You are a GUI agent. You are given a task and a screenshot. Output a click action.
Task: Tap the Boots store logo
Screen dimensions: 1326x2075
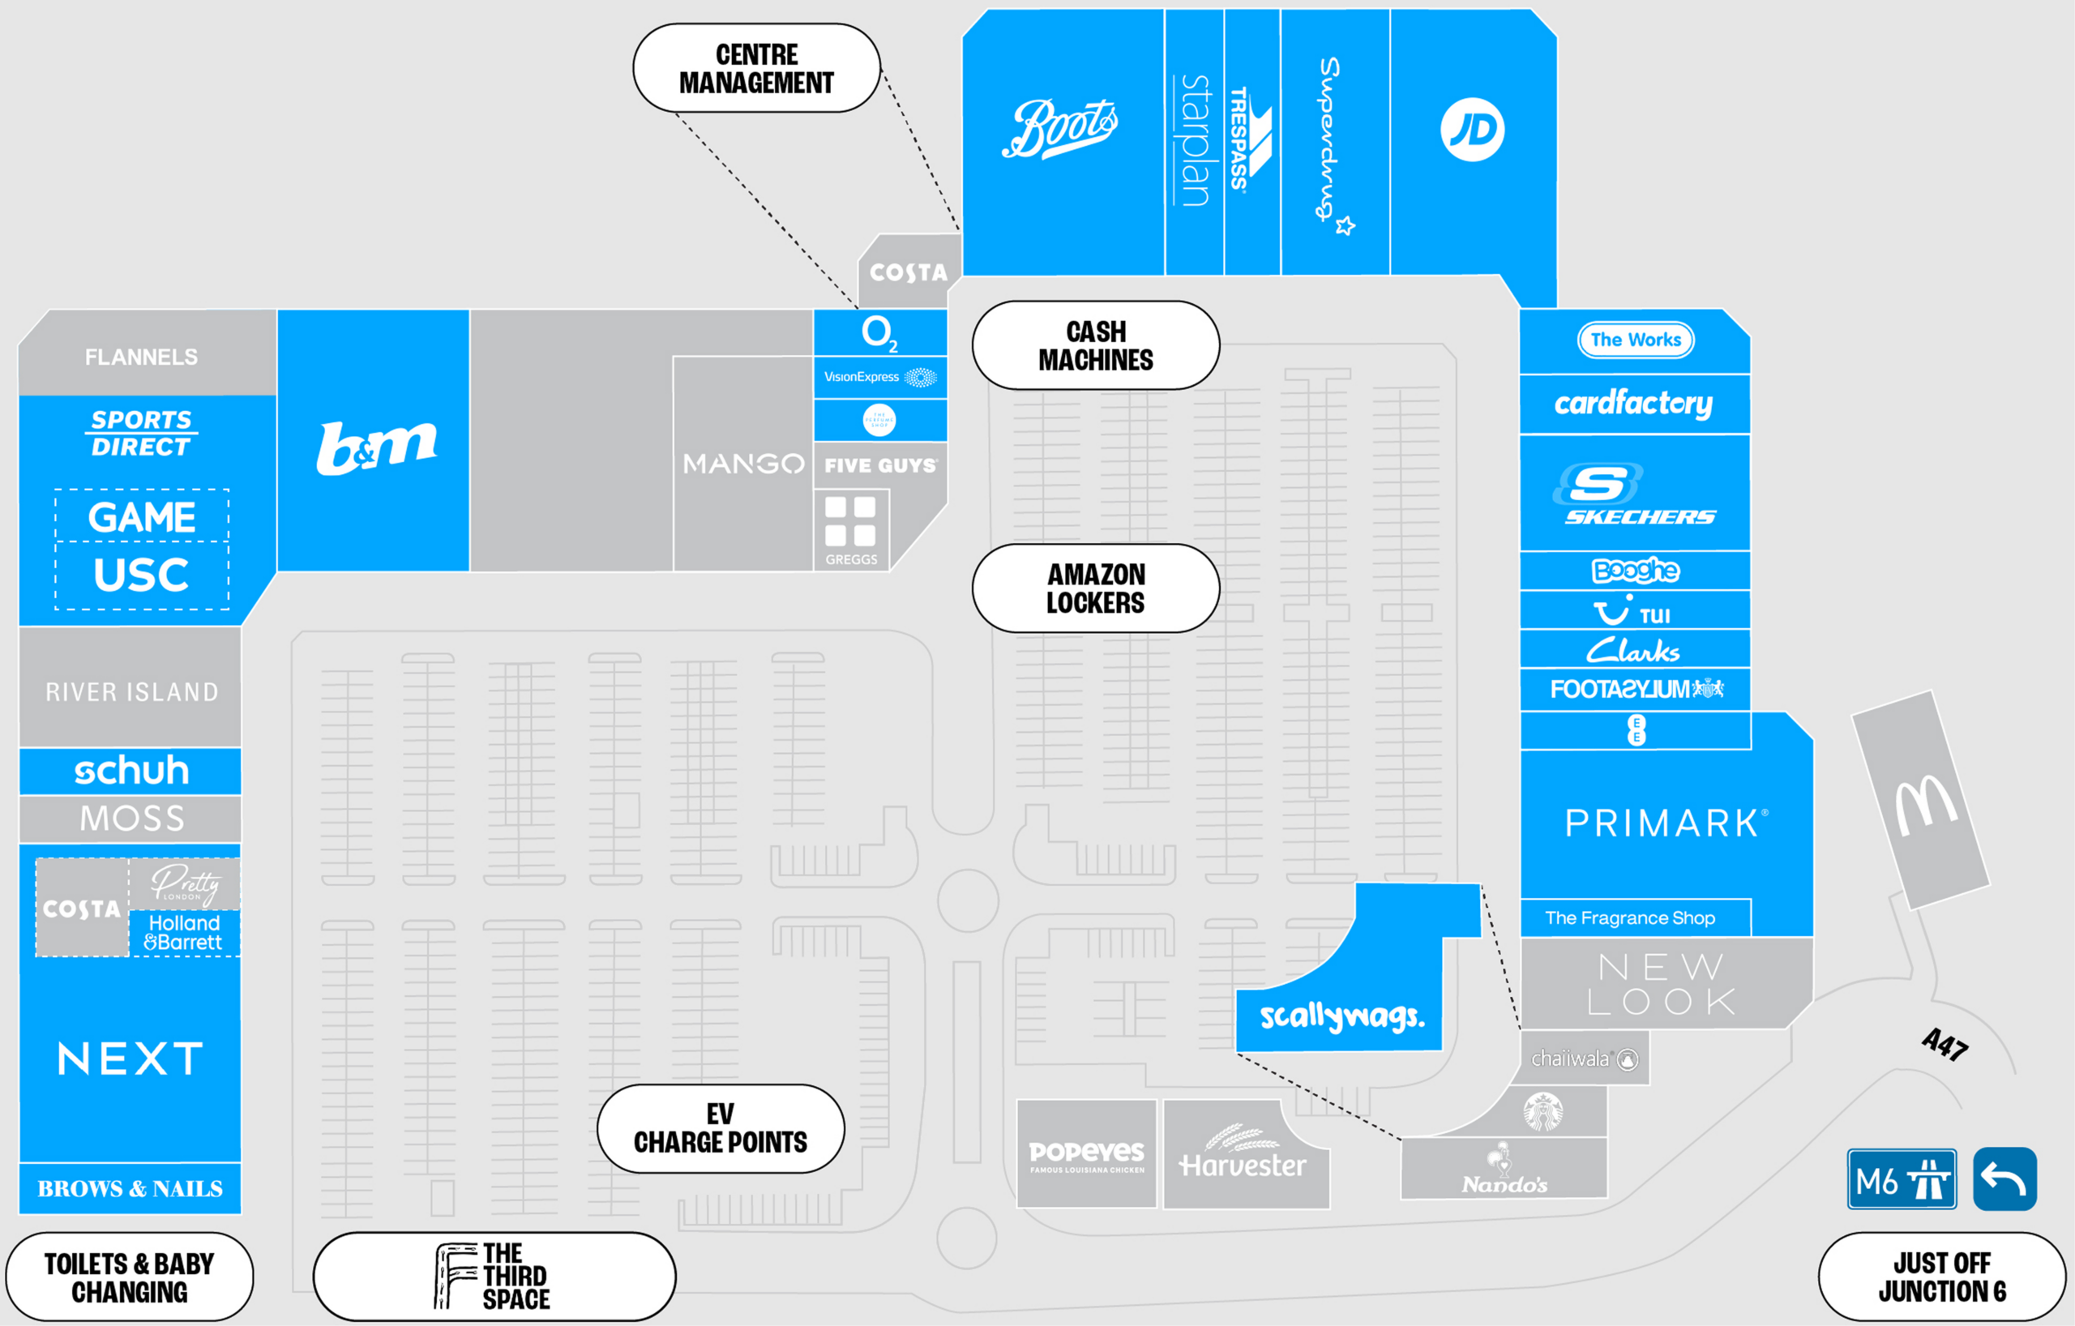click(1060, 129)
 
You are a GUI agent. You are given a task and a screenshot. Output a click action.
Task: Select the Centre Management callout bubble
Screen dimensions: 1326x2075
click(756, 68)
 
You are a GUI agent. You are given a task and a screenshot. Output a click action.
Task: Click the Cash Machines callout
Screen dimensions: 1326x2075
click(1095, 345)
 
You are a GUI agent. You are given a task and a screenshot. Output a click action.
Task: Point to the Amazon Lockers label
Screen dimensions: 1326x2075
click(1095, 588)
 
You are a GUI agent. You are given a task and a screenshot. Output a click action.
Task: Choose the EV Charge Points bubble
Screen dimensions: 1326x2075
click(721, 1129)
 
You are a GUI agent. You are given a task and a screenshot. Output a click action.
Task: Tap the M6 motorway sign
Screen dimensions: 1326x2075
click(1901, 1179)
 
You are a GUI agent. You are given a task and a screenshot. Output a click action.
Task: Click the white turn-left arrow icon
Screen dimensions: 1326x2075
click(2004, 1179)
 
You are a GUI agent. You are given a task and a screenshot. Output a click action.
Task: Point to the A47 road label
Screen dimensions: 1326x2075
click(1945, 1044)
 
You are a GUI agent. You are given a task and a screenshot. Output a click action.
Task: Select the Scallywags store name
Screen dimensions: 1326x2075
click(1341, 1016)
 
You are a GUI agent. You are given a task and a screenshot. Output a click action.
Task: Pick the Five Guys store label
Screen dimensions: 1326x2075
click(879, 465)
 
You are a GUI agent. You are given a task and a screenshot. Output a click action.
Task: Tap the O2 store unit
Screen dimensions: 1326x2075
click(879, 332)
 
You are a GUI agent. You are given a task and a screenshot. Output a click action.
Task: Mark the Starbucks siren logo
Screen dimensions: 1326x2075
click(1542, 1111)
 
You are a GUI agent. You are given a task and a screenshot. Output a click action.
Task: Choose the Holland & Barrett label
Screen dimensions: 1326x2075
click(183, 933)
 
